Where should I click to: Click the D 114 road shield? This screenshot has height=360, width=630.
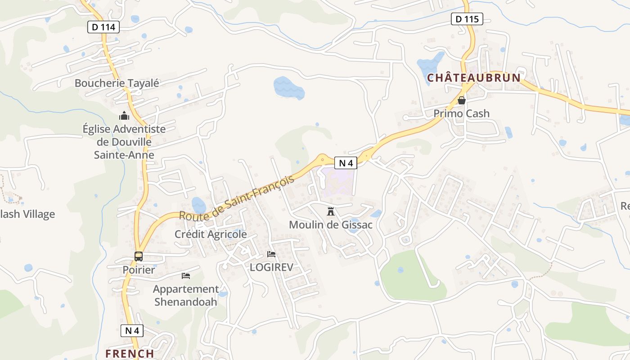click(x=103, y=27)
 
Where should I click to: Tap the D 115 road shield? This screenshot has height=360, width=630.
click(x=467, y=19)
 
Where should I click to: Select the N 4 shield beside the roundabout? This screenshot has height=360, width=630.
click(x=346, y=163)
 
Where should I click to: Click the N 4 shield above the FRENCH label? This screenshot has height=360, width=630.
click(x=132, y=331)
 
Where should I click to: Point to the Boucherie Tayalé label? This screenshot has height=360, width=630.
click(x=117, y=83)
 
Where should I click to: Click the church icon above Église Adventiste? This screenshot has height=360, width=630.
click(x=124, y=116)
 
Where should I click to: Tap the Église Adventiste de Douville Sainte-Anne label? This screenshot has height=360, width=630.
click(x=124, y=142)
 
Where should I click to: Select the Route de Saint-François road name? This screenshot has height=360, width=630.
click(x=237, y=197)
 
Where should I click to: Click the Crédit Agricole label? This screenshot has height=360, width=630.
click(x=211, y=234)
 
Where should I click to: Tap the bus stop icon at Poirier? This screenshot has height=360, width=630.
click(x=139, y=256)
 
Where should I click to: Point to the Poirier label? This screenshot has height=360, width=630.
click(x=139, y=270)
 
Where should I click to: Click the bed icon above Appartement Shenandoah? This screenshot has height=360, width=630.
click(x=186, y=275)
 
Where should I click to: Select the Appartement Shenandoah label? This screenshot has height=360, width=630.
click(x=186, y=295)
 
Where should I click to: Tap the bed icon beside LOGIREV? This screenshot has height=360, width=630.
click(x=271, y=255)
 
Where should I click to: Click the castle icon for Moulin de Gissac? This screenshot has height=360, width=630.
click(x=331, y=211)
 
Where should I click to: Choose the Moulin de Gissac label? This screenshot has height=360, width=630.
click(x=331, y=225)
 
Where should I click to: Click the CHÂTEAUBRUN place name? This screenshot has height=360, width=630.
click(x=474, y=78)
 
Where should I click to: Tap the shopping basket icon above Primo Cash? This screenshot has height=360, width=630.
click(x=462, y=100)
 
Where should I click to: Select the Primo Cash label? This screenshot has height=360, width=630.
click(x=462, y=113)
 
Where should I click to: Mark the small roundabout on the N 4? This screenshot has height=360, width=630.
click(x=322, y=159)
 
